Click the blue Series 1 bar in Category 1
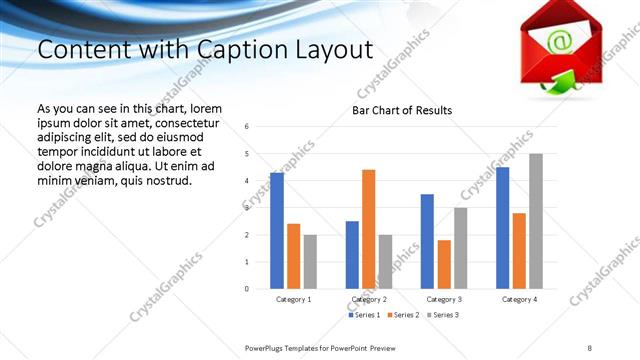coord(277,231)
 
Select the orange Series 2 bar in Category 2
coord(368,229)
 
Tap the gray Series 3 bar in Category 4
coord(536,221)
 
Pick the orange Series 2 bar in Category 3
coord(444,264)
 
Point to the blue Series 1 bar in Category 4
coord(502,228)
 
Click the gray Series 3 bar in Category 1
coord(310,262)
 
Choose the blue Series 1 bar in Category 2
coord(352,255)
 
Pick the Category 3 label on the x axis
coord(443,299)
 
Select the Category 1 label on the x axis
coord(293,299)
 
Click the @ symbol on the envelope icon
coord(560,42)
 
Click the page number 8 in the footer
coord(590,347)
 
